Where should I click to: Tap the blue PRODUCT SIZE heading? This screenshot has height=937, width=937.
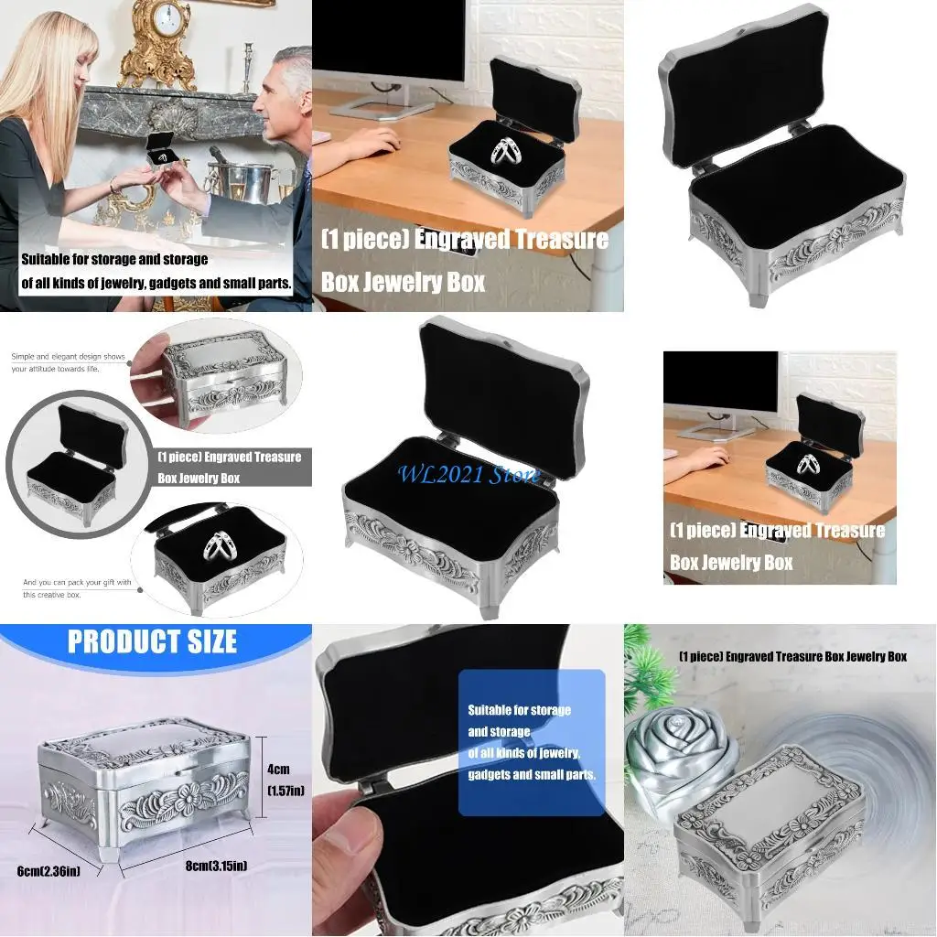click(152, 641)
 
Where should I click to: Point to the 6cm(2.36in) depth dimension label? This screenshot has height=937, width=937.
click(48, 870)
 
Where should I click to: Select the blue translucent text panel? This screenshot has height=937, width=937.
click(531, 741)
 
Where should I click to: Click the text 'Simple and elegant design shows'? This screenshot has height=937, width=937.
click(68, 357)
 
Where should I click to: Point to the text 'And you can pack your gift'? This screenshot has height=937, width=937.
click(76, 583)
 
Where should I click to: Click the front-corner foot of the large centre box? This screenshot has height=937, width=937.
click(490, 608)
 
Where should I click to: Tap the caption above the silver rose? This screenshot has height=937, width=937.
click(792, 656)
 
